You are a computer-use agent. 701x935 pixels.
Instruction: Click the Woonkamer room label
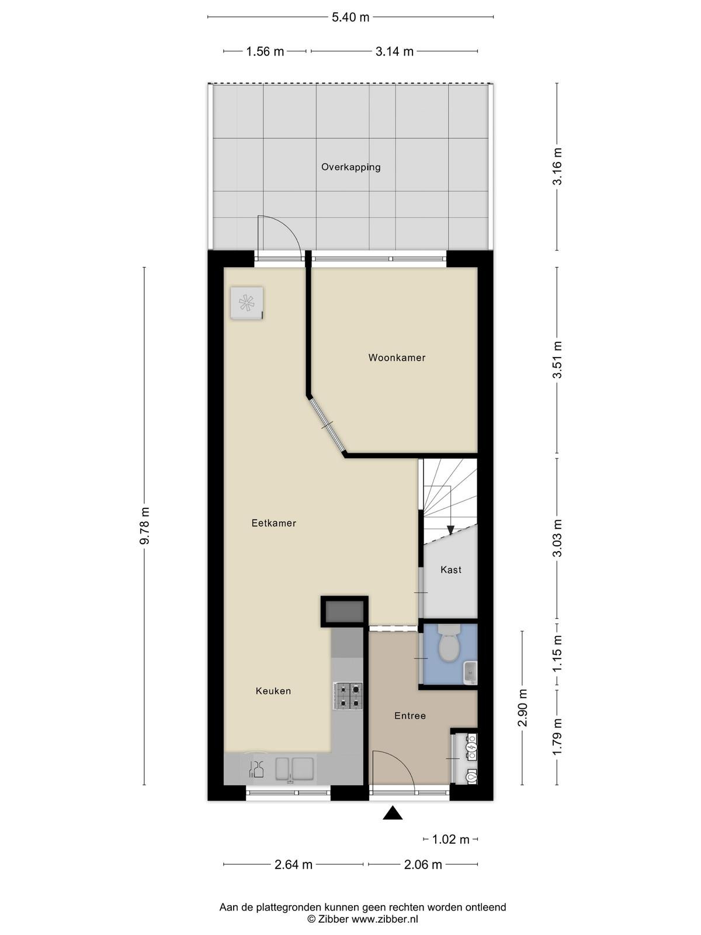click(x=397, y=358)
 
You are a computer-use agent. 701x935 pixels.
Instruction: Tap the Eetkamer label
click(x=273, y=523)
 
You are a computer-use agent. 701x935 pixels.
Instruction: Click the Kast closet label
click(x=451, y=570)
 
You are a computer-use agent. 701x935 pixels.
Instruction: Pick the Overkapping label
click(x=350, y=167)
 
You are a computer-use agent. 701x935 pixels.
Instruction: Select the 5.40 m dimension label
click(x=350, y=18)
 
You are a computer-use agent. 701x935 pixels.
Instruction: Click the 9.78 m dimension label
click(x=145, y=525)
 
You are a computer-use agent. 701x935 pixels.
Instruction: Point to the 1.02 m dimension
click(x=451, y=840)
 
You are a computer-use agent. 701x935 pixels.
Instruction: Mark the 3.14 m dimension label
click(x=394, y=51)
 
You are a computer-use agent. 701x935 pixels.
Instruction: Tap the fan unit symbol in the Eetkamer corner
click(x=247, y=303)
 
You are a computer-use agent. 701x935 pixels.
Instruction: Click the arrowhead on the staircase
click(x=450, y=530)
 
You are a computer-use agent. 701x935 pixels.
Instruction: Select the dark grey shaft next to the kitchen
click(x=344, y=612)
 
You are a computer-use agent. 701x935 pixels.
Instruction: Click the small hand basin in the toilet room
click(x=470, y=672)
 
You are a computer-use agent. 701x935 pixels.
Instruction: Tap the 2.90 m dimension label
click(x=522, y=708)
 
